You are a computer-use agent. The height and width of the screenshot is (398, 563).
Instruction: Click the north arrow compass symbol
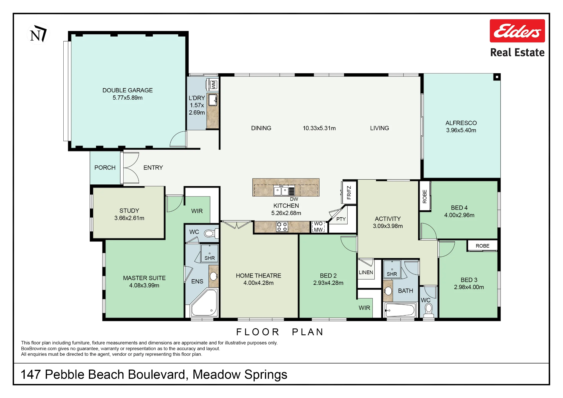tap(39, 34)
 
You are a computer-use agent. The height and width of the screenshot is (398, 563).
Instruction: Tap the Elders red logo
tap(517, 31)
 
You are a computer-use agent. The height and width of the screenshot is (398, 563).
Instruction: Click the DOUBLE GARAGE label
tap(128, 90)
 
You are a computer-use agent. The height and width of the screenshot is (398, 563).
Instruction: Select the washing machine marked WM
tap(213, 84)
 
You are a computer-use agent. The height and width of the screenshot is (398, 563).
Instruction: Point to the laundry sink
tap(213, 100)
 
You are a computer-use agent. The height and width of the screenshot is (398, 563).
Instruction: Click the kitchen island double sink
tap(281, 191)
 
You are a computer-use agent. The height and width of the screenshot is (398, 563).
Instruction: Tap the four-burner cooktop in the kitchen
tap(282, 227)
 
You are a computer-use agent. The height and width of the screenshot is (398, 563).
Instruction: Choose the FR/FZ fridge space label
tap(349, 193)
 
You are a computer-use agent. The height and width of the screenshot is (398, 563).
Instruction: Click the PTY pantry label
tap(341, 219)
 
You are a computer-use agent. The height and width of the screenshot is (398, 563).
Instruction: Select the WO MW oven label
tap(318, 227)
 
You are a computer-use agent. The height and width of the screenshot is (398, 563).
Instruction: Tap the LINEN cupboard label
tap(366, 272)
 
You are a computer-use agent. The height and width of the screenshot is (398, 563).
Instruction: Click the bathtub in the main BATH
tap(400, 310)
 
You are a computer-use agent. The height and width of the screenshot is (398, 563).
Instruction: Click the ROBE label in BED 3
tap(482, 246)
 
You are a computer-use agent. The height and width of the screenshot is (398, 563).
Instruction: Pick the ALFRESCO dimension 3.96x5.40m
tap(461, 130)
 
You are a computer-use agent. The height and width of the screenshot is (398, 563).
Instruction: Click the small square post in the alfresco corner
tap(497, 77)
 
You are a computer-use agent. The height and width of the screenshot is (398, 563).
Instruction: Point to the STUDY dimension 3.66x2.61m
tap(129, 218)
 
